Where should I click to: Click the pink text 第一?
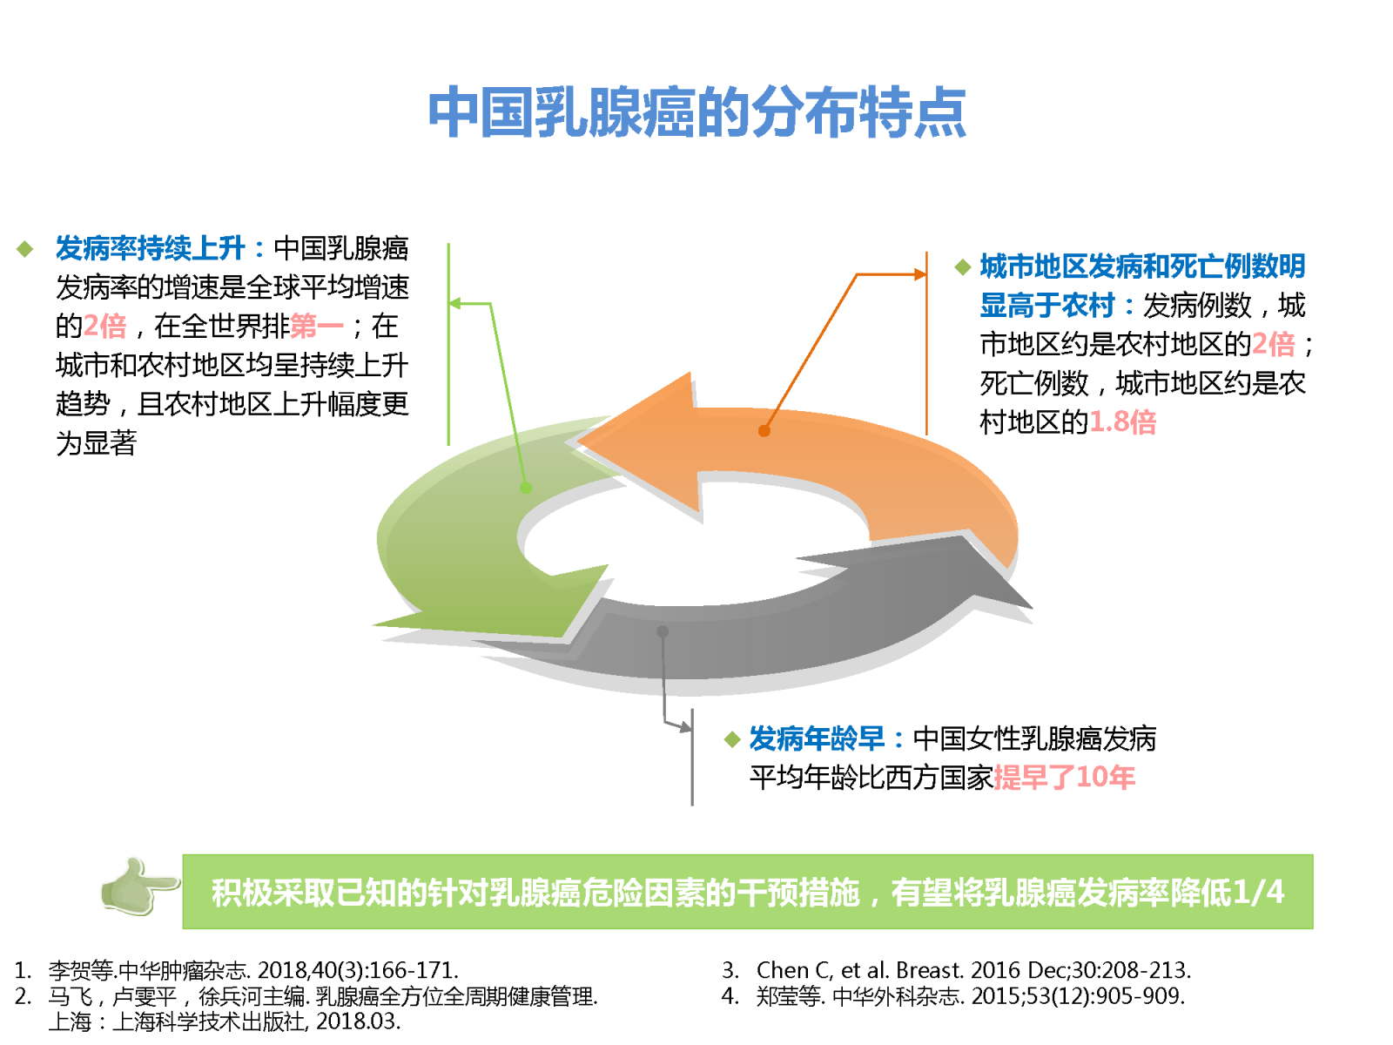pos(316,326)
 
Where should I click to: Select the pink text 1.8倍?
pos(1122,422)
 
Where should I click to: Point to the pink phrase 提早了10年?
pos(1064,778)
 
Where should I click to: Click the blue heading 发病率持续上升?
pos(151,248)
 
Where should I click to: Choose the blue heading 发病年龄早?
pos(817,738)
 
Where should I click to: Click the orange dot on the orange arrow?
pos(764,431)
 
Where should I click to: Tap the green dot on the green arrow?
pos(526,488)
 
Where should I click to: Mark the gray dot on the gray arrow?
pos(663,631)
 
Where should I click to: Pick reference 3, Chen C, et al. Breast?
pos(956,970)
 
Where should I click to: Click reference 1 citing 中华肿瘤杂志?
pos(236,970)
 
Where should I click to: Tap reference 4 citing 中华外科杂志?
pos(953,996)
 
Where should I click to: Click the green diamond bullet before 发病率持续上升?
pos(24,249)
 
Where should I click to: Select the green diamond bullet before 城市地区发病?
pos(963,267)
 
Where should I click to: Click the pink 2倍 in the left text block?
pos(104,326)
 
